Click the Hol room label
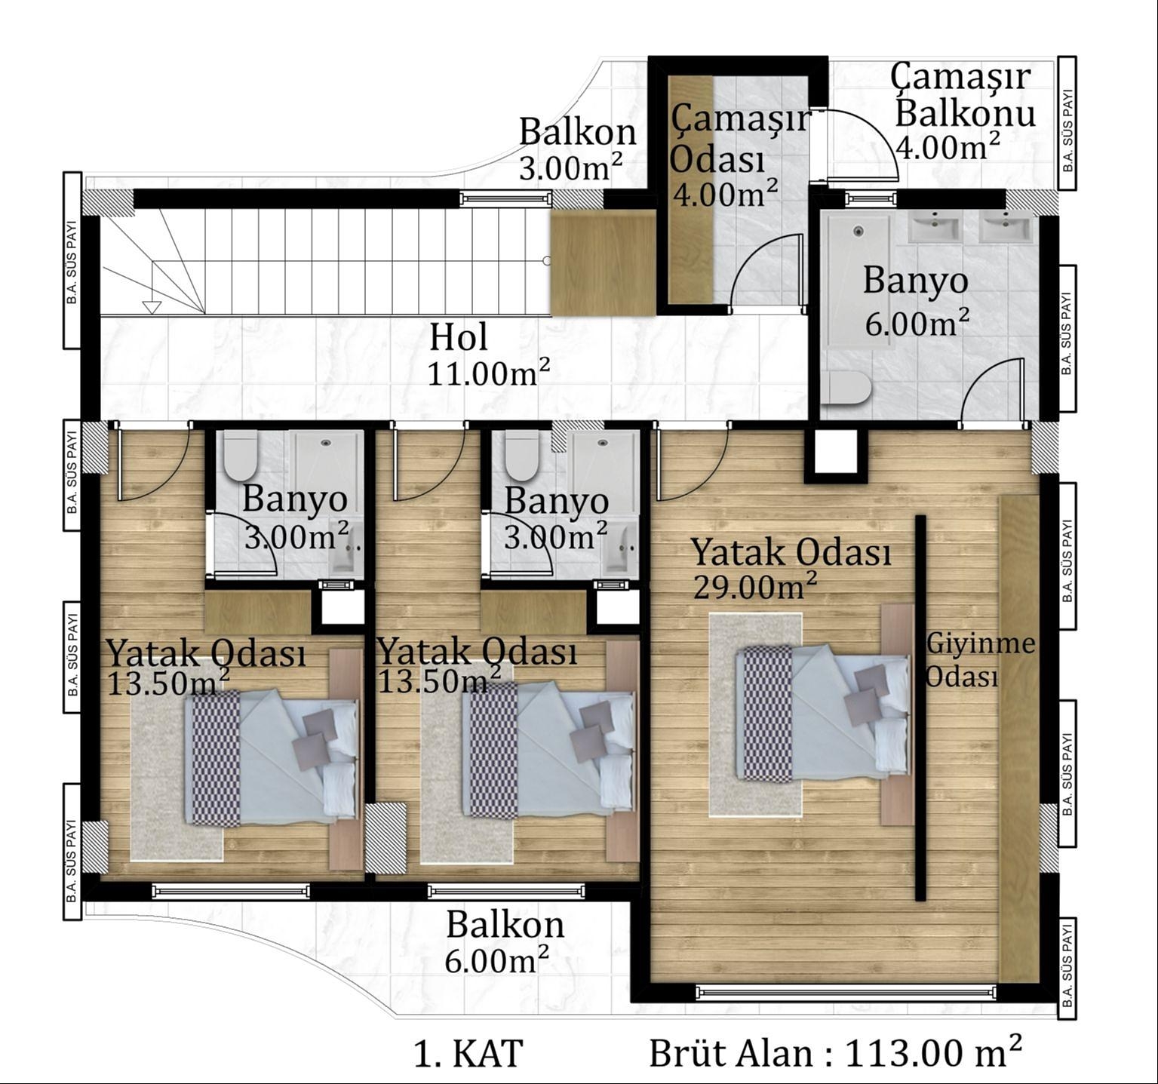pos(458,337)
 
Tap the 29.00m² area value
pos(755,585)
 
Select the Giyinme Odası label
pos(979,660)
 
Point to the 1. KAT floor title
pos(468,1053)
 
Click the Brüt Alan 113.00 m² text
pos(836,1052)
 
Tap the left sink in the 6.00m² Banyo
pos(935,227)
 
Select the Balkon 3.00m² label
pos(577,148)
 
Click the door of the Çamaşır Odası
pos(766,271)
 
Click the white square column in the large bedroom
pos(833,453)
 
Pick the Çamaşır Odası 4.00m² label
pos(739,158)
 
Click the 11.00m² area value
pos(488,373)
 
